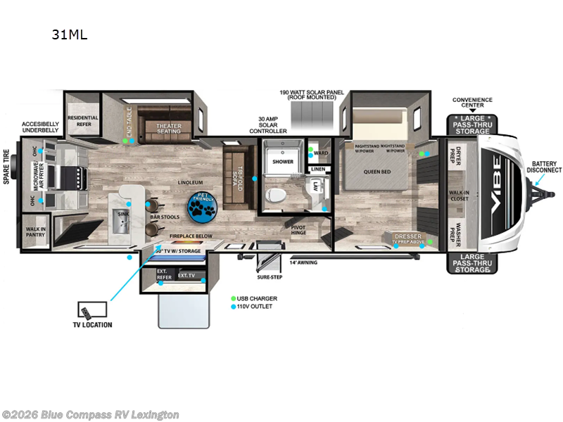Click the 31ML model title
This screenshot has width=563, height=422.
point(69,34)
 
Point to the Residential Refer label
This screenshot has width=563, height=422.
point(83,120)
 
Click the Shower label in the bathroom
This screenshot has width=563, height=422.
point(282,161)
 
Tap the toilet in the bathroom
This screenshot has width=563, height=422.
point(278,195)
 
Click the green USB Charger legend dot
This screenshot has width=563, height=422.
point(234,298)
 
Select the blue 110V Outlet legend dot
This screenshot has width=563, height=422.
point(234,307)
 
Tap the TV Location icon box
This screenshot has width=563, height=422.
point(92,311)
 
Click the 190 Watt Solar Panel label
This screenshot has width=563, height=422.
point(310,95)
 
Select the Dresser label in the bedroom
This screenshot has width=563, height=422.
point(407,236)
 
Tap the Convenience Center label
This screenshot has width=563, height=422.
point(472,103)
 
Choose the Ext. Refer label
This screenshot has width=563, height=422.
point(163,275)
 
